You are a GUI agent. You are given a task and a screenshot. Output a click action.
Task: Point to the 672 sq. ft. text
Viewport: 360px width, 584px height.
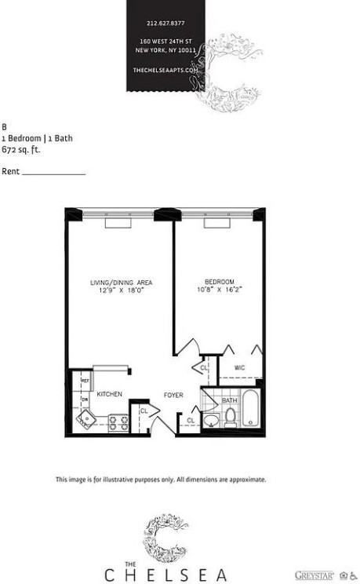(20, 148)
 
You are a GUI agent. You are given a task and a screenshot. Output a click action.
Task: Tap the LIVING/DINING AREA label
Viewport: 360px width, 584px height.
(121, 282)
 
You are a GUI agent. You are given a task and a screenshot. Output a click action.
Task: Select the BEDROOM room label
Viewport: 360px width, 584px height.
(220, 282)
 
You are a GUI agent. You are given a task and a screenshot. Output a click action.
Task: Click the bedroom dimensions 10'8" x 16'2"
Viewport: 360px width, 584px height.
(220, 290)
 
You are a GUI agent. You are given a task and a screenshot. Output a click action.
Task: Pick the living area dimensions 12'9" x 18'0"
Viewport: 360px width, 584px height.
(121, 290)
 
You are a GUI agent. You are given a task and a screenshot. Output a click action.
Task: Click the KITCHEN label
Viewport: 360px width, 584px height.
(109, 393)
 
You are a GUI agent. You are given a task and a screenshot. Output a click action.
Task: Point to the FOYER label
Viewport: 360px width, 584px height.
(173, 395)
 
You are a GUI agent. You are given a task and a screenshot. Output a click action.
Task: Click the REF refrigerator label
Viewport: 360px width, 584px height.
(85, 381)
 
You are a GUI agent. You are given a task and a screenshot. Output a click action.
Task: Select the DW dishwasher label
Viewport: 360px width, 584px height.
(85, 400)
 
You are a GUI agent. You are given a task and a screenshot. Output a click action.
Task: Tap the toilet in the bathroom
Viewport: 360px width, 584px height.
(231, 418)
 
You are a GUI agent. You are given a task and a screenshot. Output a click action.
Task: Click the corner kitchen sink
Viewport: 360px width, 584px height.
(86, 419)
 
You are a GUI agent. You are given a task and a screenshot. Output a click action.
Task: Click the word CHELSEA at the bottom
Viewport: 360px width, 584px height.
(164, 574)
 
